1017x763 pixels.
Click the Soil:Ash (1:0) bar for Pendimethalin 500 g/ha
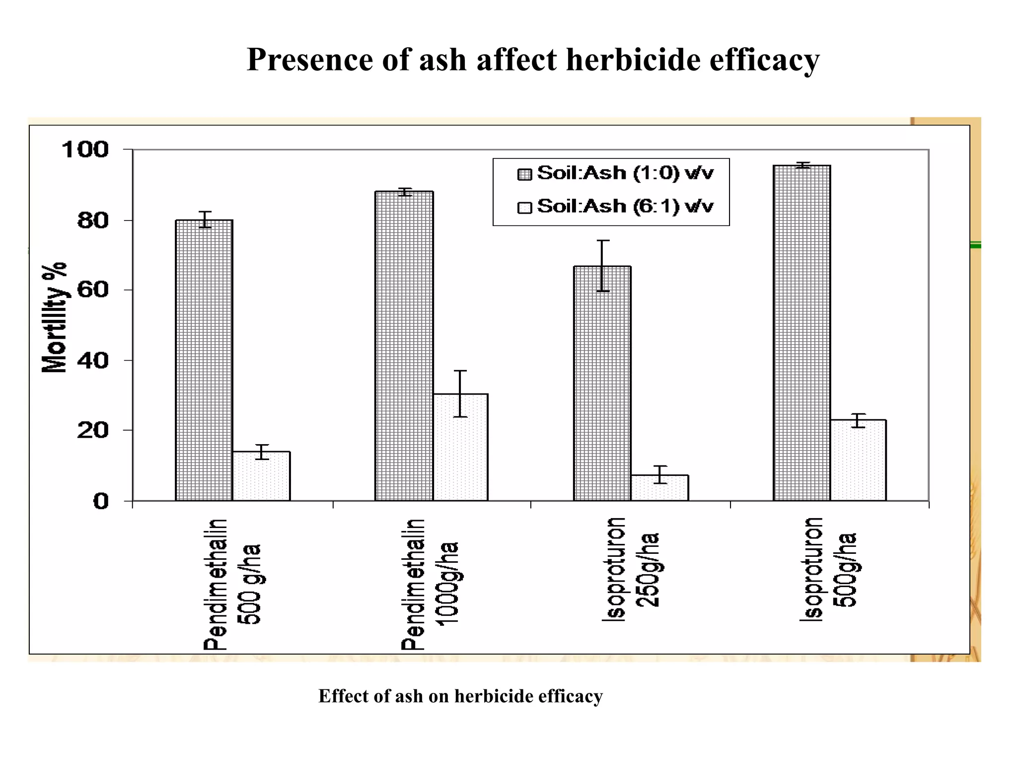[x=204, y=360]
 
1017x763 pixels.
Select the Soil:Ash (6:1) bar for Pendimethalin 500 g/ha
[x=262, y=476]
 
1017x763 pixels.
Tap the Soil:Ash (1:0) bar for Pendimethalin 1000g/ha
[x=404, y=346]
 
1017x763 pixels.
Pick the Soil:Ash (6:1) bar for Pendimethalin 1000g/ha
[x=461, y=447]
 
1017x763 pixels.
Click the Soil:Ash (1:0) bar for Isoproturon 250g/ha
[x=602, y=383]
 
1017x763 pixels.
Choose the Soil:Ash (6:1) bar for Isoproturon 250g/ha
[x=660, y=488]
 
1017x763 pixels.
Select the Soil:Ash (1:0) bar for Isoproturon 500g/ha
[x=802, y=333]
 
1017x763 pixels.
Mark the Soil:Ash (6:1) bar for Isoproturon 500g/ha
[x=859, y=460]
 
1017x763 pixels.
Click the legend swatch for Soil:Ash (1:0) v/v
[x=525, y=174]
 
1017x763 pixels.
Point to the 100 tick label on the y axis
[x=85, y=150]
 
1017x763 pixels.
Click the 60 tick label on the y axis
[x=93, y=290]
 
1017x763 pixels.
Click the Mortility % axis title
[x=55, y=318]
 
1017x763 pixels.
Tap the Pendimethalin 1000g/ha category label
[x=430, y=584]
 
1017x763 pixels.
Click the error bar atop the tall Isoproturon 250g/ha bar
[x=602, y=265]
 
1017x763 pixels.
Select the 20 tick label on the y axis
[x=93, y=430]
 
